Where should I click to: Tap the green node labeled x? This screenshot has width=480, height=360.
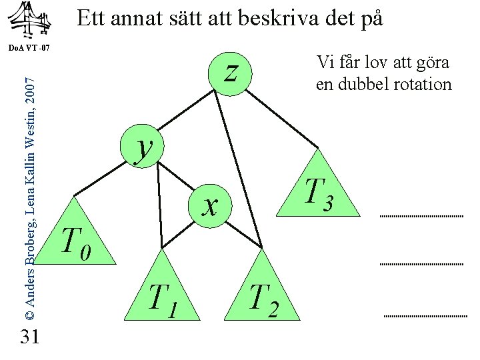210,204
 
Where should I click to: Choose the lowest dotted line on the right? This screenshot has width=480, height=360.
425,315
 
